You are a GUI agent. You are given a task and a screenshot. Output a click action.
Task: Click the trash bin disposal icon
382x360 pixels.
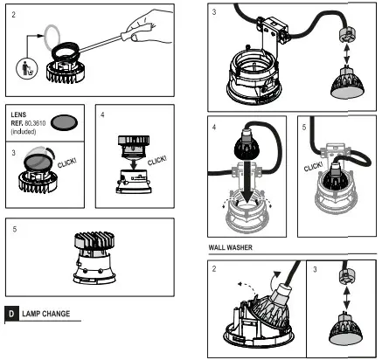(27, 68)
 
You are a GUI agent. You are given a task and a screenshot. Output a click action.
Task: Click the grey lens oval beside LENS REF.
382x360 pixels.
(65, 122)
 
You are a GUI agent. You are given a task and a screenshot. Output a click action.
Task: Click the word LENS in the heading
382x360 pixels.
(18, 114)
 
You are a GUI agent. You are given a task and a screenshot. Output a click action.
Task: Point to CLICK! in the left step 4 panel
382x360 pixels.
(157, 161)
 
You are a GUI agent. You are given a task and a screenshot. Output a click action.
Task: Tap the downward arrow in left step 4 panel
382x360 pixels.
(134, 163)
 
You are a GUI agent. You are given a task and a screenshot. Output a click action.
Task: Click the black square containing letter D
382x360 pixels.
(11, 314)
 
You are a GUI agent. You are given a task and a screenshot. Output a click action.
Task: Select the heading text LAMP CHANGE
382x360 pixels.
(46, 314)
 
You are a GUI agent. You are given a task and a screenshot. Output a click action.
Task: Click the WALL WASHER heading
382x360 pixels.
(230, 247)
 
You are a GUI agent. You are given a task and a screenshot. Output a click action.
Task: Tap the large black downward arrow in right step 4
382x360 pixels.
(247, 182)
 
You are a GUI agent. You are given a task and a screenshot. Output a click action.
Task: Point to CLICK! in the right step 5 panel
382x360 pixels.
(313, 167)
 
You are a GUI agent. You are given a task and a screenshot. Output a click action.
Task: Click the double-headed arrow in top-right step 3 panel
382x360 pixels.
(346, 54)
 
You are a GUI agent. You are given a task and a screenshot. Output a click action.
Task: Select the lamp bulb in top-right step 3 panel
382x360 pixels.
(347, 82)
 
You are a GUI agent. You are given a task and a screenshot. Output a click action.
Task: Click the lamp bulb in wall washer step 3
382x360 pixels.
(346, 329)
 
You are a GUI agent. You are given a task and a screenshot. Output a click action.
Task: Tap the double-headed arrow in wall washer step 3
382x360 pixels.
(346, 298)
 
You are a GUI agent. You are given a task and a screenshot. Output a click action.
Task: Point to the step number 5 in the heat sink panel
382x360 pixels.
(15, 230)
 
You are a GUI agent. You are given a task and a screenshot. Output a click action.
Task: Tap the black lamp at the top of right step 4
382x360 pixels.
(247, 143)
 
